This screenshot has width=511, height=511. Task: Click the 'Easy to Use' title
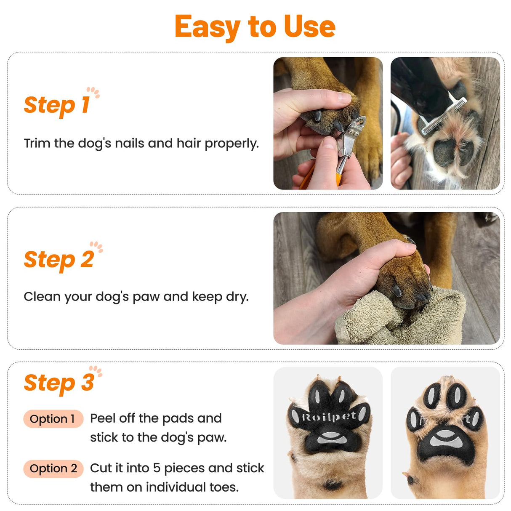click(255, 27)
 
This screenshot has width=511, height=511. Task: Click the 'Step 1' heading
click(57, 105)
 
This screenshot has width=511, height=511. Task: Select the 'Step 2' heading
click(59, 259)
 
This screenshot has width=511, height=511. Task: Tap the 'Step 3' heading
click(59, 383)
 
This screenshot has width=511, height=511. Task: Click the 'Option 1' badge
click(53, 419)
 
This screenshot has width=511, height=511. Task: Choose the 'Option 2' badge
click(53, 468)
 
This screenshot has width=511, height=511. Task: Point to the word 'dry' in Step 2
click(236, 297)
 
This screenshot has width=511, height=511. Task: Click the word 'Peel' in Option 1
click(103, 418)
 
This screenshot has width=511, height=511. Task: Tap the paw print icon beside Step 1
click(93, 92)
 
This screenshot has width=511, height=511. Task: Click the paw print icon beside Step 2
click(96, 247)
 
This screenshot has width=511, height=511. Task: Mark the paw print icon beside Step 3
click(96, 371)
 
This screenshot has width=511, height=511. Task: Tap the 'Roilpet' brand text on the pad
click(329, 417)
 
